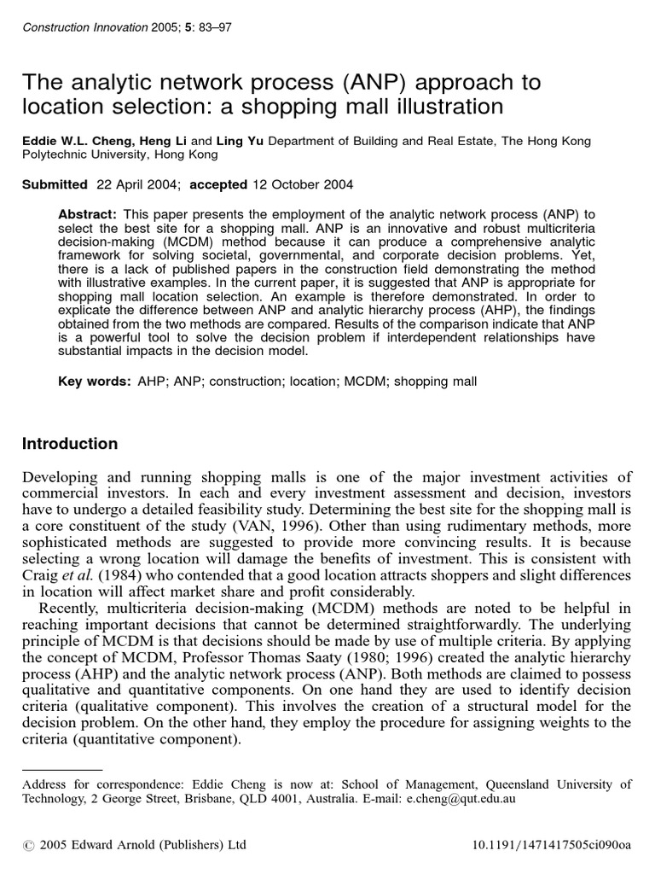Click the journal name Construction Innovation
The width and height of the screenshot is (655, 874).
75,27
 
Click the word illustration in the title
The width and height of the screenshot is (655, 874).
433,107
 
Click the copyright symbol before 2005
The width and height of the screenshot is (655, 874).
28,846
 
